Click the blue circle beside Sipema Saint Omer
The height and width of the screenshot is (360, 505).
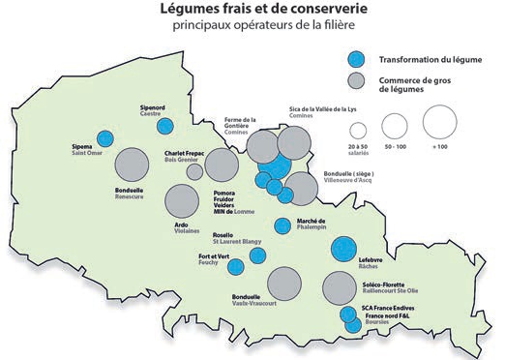(104, 138)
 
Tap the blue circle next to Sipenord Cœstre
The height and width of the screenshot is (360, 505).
(165, 125)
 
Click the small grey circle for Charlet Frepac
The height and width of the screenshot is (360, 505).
(194, 171)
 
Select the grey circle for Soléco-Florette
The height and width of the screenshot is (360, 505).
(340, 286)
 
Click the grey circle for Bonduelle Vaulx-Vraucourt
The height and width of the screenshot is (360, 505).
(283, 283)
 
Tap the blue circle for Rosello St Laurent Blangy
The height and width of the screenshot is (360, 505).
(257, 255)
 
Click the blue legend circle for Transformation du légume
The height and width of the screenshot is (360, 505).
(358, 57)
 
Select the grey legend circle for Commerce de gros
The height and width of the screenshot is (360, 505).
(358, 80)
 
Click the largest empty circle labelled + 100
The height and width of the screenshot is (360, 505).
(438, 122)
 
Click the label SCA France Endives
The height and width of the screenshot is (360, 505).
(386, 307)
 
